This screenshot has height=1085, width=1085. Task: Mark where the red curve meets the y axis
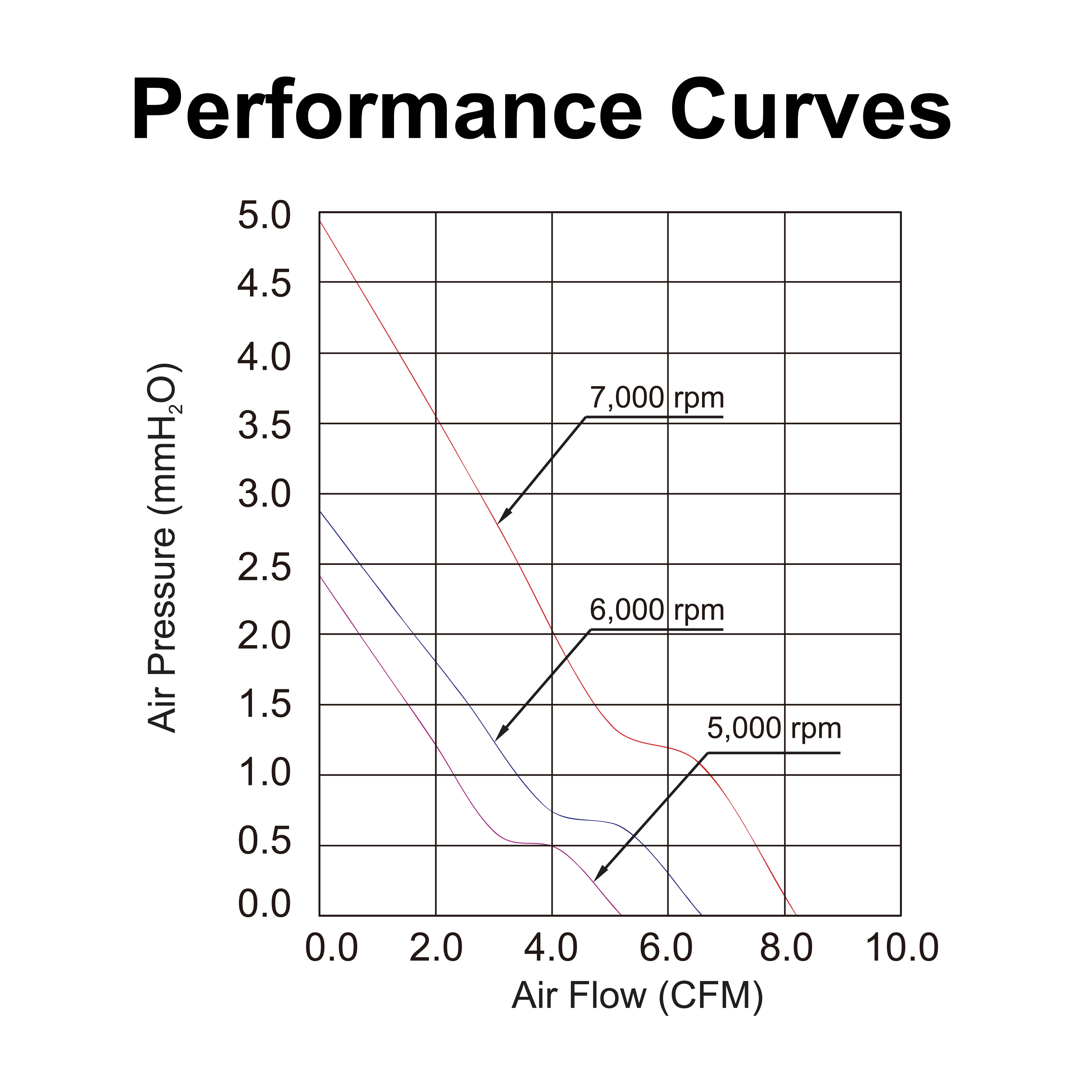(x=320, y=221)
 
